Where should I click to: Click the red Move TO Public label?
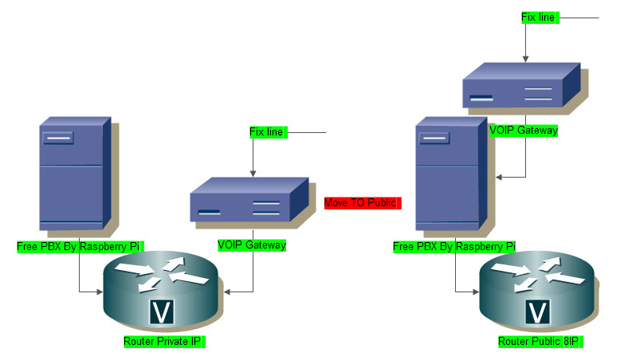(x=360, y=203)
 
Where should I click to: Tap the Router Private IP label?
(x=163, y=342)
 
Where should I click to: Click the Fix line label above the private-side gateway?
(x=267, y=132)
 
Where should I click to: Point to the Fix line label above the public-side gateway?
(x=539, y=17)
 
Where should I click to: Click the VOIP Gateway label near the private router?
(x=252, y=245)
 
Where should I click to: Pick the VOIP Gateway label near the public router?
(x=524, y=129)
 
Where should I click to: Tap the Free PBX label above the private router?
(x=79, y=247)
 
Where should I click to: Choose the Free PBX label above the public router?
(x=454, y=247)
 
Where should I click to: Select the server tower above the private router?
(x=73, y=175)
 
